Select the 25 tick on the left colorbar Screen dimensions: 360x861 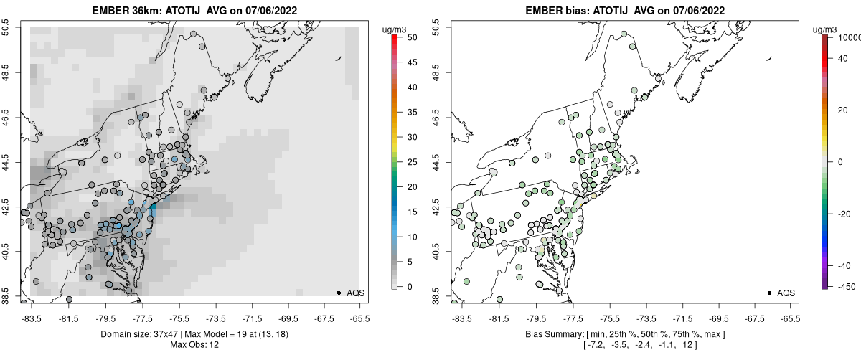(408, 162)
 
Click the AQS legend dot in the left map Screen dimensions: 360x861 (339, 293)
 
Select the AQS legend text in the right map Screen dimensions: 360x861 (786, 293)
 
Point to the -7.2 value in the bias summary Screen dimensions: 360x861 (594, 345)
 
